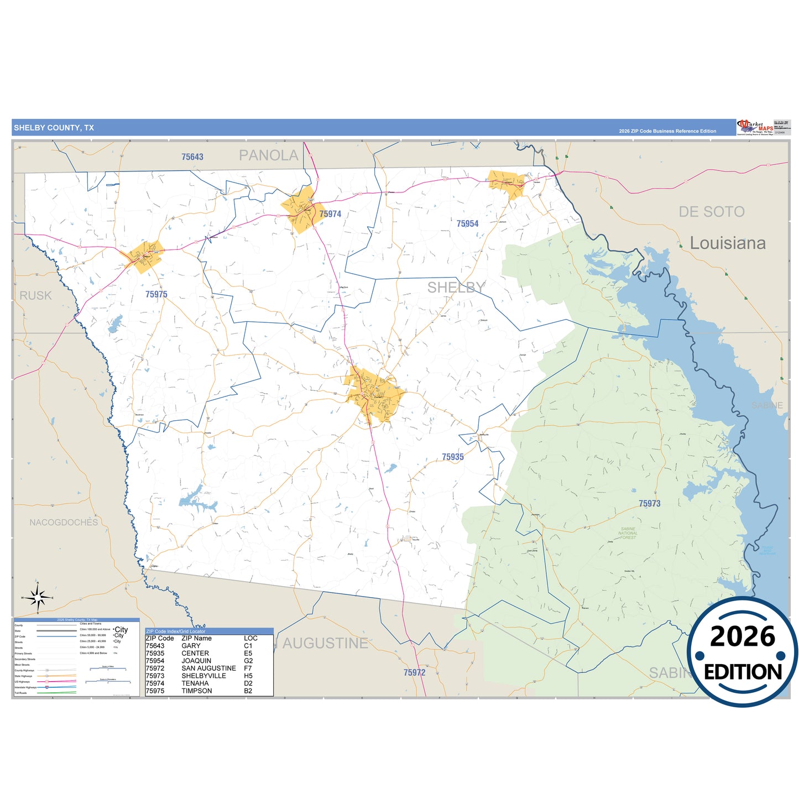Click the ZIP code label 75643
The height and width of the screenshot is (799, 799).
192,157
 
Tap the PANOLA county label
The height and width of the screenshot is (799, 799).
268,156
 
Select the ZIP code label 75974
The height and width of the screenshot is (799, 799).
330,214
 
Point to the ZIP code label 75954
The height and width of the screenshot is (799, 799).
467,224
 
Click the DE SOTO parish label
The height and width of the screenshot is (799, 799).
711,212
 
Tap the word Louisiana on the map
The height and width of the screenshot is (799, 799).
728,243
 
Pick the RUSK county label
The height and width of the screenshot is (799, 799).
35,296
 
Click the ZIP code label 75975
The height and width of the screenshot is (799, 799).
156,295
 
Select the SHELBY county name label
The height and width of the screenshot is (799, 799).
456,288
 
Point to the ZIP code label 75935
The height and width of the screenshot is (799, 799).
452,457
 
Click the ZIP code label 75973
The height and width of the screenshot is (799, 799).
649,504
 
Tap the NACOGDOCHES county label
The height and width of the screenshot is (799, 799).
64,523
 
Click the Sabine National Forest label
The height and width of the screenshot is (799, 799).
628,533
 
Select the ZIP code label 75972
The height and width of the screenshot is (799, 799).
414,673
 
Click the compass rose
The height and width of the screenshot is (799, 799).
38,597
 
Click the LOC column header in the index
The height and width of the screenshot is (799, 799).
250,638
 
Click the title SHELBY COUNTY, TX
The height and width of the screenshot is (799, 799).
54,128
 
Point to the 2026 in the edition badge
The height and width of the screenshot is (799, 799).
742,636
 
